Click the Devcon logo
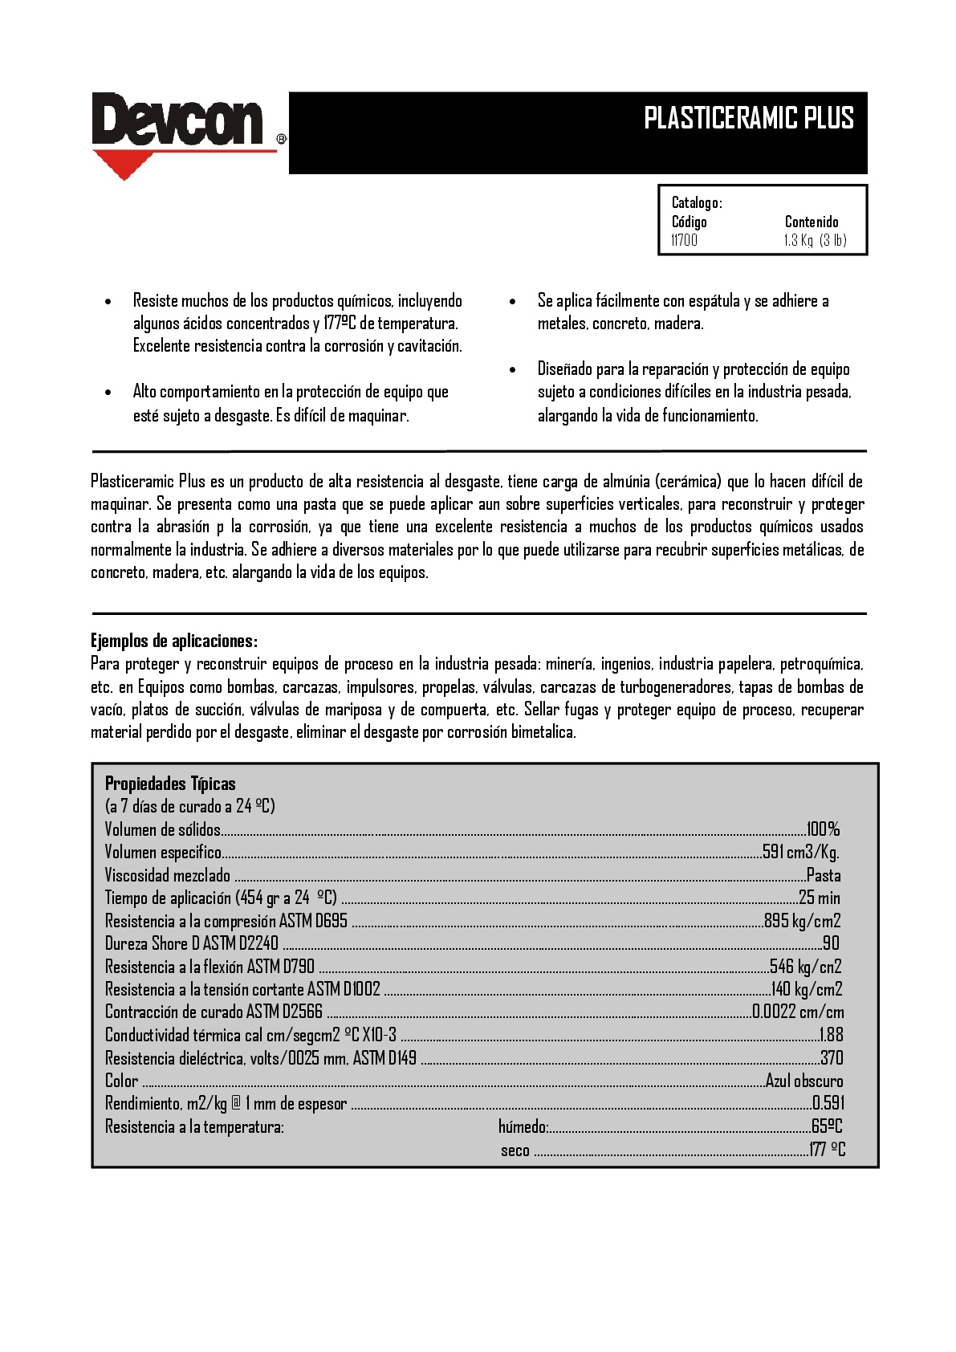pyautogui.click(x=178, y=122)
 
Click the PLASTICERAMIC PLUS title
pyautogui.click(x=748, y=118)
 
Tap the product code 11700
pyautogui.click(x=685, y=240)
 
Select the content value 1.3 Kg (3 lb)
pyautogui.click(x=815, y=240)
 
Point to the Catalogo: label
pyautogui.click(x=697, y=202)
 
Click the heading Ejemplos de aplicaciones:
pyautogui.click(x=174, y=641)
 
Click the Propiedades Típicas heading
pyautogui.click(x=170, y=784)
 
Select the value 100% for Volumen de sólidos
pyautogui.click(x=823, y=829)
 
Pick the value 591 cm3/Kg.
pyautogui.click(x=800, y=852)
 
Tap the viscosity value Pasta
pyautogui.click(x=824, y=875)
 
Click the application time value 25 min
pyautogui.click(x=820, y=898)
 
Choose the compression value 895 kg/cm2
pyautogui.click(x=803, y=921)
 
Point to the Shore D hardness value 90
pyautogui.click(x=831, y=943)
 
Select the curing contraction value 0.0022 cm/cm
pyautogui.click(x=798, y=1012)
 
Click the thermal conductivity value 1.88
pyautogui.click(x=831, y=1035)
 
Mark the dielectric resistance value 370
pyautogui.click(x=832, y=1058)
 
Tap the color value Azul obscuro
pyautogui.click(x=804, y=1081)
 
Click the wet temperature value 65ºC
pyautogui.click(x=827, y=1126)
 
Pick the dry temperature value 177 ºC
pyautogui.click(x=827, y=1150)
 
